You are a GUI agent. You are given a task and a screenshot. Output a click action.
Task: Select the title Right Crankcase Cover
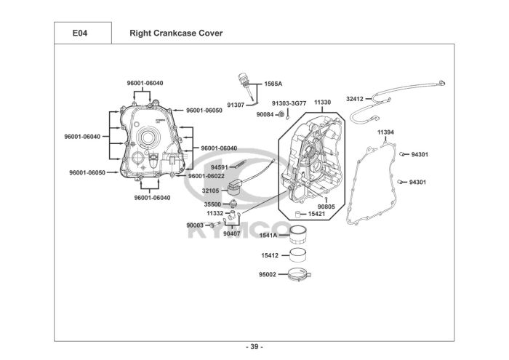[x=176, y=33]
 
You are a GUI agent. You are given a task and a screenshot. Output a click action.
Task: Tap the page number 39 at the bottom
[x=254, y=346]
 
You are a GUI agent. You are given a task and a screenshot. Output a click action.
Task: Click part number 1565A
[x=273, y=84]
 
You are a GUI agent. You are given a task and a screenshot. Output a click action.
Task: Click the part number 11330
[x=322, y=103]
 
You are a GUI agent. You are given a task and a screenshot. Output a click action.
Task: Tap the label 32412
[x=355, y=98]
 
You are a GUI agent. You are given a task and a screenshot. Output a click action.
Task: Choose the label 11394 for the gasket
[x=385, y=132]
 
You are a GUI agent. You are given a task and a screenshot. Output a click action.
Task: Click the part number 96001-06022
[x=206, y=175]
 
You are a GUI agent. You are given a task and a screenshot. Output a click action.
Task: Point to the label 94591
[x=219, y=168]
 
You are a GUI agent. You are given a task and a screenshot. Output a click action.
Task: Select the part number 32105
[x=212, y=191]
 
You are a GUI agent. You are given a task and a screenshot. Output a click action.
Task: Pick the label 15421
[x=317, y=215]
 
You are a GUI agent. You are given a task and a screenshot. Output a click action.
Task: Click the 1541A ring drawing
[x=298, y=236]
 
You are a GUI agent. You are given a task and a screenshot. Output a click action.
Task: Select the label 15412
[x=270, y=255]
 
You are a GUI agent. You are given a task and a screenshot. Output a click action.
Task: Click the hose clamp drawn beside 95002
[x=299, y=275]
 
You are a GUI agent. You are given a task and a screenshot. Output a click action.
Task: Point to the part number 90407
[x=232, y=233]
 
